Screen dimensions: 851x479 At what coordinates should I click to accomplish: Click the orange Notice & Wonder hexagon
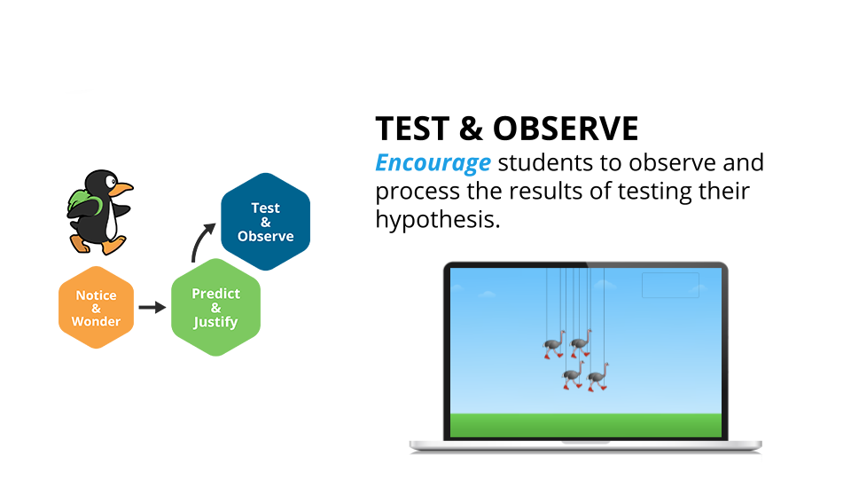click(96, 308)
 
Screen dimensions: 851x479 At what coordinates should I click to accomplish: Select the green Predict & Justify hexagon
click(215, 308)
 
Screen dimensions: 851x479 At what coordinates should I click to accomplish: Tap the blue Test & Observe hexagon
click(265, 222)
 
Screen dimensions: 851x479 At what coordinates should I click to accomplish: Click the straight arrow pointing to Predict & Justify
click(152, 308)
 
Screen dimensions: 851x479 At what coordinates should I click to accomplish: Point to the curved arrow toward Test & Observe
click(199, 239)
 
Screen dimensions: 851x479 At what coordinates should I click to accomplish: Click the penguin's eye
click(111, 181)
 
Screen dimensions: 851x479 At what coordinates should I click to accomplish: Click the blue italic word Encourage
click(433, 163)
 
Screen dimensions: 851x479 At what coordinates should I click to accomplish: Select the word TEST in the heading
click(412, 129)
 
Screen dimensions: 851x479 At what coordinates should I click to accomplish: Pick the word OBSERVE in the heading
click(566, 129)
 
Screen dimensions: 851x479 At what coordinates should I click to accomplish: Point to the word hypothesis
click(437, 220)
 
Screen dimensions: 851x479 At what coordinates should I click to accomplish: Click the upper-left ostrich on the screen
click(554, 344)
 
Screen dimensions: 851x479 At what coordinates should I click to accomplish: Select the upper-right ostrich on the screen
click(581, 343)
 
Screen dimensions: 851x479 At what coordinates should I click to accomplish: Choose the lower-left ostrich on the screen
click(574, 374)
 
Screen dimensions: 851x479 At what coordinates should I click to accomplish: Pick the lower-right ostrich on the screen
click(598, 377)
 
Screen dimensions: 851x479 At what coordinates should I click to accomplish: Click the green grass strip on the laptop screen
click(586, 425)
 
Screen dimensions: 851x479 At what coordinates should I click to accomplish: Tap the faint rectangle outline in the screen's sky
click(670, 273)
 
